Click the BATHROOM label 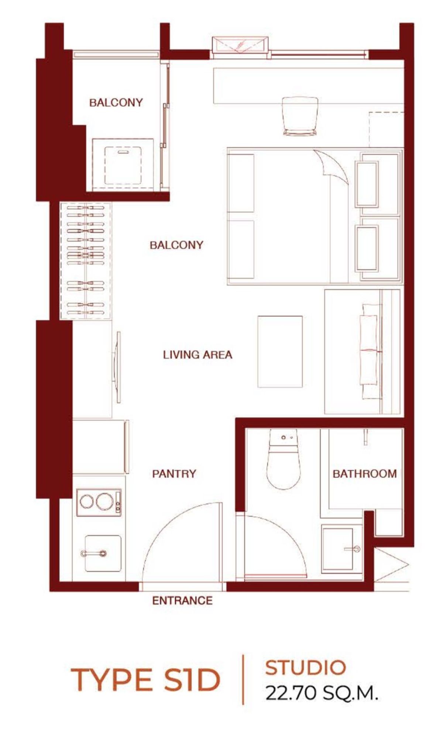click(x=364, y=473)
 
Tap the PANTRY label click(x=174, y=473)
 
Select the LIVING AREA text click(x=198, y=355)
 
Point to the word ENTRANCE click(x=182, y=601)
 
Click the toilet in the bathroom click(x=283, y=459)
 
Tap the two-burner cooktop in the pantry click(x=99, y=502)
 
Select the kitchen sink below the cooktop click(x=103, y=554)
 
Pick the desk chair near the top click(x=300, y=116)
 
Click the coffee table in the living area click(x=280, y=351)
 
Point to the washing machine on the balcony click(x=123, y=164)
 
